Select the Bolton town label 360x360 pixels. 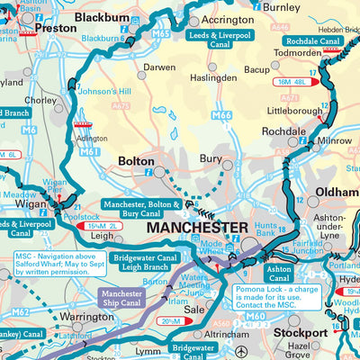tap(137, 162)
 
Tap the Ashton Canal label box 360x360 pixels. tap(278, 274)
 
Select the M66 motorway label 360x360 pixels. tap(221, 116)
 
